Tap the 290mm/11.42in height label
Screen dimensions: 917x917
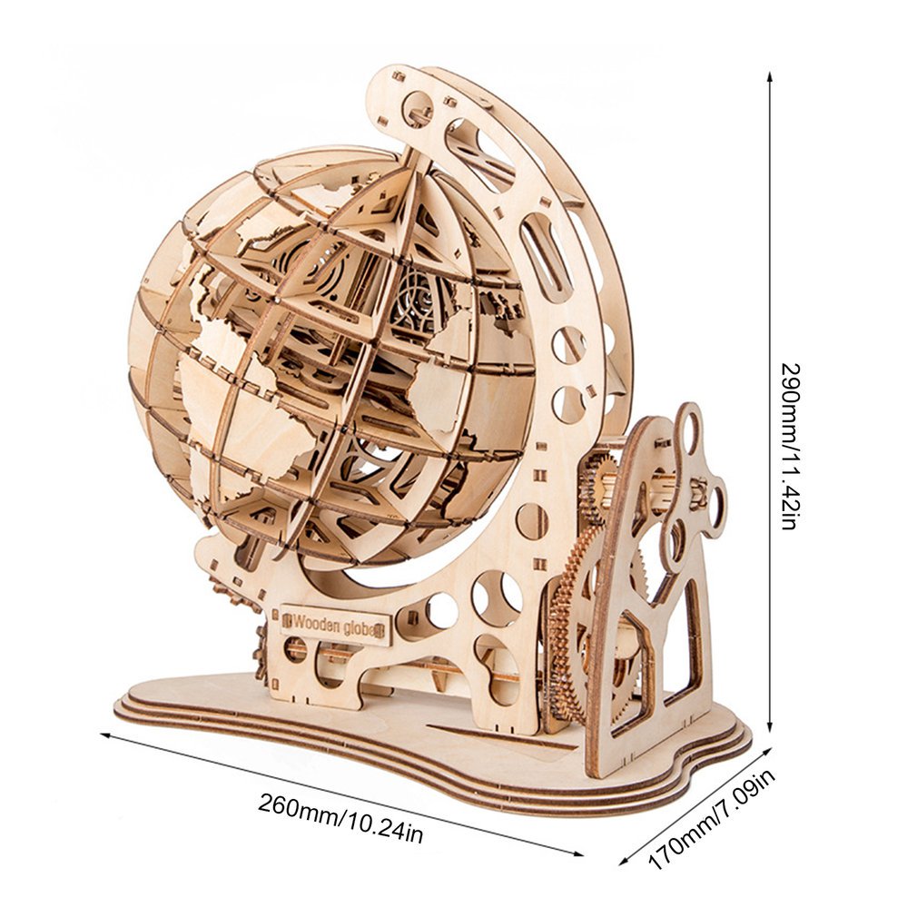point(790,447)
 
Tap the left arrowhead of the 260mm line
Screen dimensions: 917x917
point(108,735)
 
